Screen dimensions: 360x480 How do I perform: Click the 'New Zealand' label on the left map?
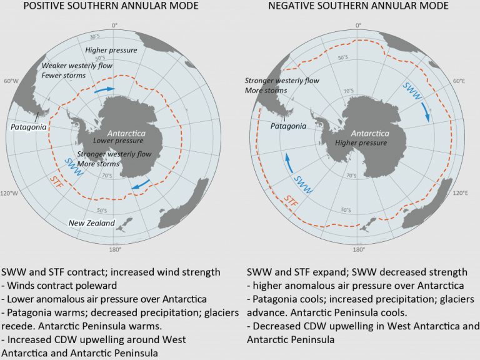click(x=92, y=223)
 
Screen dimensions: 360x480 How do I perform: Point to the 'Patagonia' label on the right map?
click(x=288, y=126)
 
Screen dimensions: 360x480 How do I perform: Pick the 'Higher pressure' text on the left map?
click(x=111, y=50)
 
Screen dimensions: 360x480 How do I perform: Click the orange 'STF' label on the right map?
click(x=291, y=201)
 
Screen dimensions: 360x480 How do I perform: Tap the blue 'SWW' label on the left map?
click(x=72, y=167)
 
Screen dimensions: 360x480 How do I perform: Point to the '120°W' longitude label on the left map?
click(x=11, y=193)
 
